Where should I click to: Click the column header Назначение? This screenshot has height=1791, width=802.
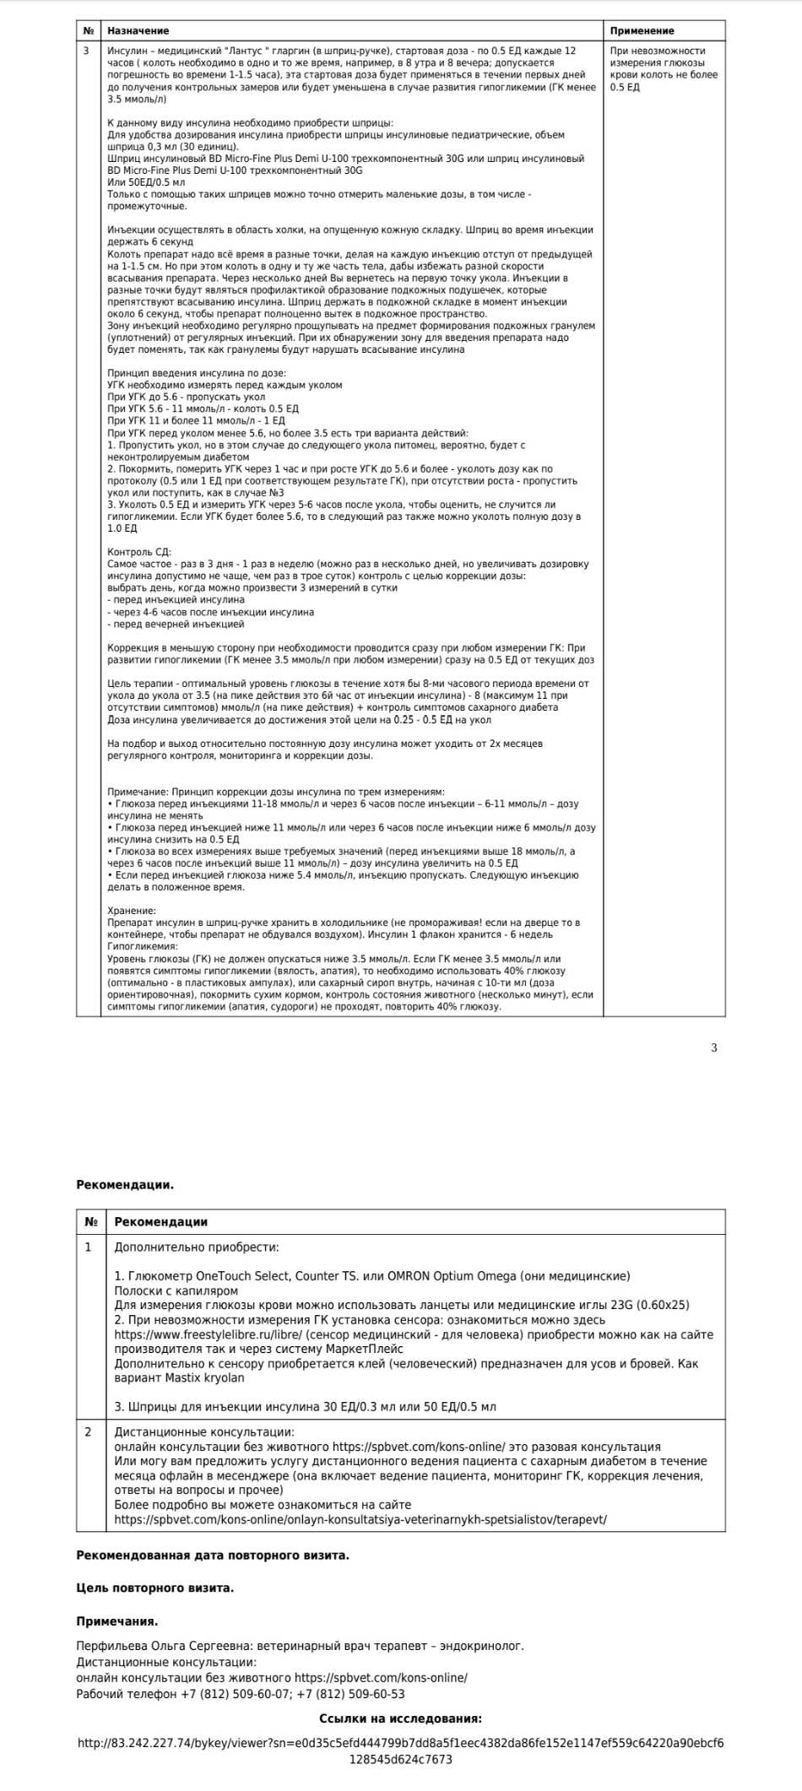coord(138,30)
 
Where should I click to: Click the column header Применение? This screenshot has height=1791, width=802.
coord(642,30)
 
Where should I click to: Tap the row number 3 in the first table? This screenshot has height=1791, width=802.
coord(86,51)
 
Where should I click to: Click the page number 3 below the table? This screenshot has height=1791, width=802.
coord(714,1047)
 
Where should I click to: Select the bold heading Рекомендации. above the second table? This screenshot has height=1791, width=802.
coord(125,1184)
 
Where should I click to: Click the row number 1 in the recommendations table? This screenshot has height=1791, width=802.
coord(89,1247)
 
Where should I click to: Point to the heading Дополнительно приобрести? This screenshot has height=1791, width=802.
coord(197,1247)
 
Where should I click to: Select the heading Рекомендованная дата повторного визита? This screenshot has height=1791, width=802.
coord(212,1555)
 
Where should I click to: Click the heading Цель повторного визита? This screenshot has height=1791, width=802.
coord(154,1588)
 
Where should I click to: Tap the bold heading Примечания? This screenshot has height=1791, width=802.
coord(117,1621)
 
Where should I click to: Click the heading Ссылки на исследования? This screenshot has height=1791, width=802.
coord(400,1718)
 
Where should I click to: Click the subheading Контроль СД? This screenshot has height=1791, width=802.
coord(139,552)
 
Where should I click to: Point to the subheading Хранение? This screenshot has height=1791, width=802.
coord(132,911)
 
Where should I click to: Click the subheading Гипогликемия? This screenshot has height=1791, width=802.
coord(143,946)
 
